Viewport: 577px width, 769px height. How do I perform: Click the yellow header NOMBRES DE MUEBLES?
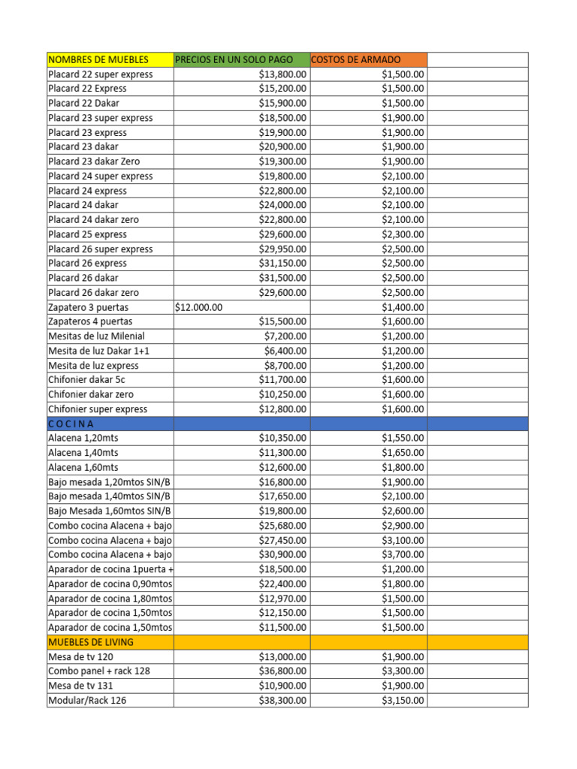pyautogui.click(x=98, y=59)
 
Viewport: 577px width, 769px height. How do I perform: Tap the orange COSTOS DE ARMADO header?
pyautogui.click(x=356, y=59)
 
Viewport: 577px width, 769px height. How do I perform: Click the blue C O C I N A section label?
pyautogui.click(x=71, y=424)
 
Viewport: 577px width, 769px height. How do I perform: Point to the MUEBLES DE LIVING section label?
pyautogui.click(x=91, y=642)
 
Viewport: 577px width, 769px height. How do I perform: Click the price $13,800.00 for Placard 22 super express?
pyautogui.click(x=282, y=74)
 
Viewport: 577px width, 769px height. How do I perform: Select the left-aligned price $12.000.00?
pyautogui.click(x=198, y=307)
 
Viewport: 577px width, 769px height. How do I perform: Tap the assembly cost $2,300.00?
pyautogui.click(x=402, y=234)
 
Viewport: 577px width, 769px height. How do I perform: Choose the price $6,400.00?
pyautogui.click(x=285, y=351)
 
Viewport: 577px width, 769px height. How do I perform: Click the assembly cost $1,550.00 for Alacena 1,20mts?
pyautogui.click(x=402, y=438)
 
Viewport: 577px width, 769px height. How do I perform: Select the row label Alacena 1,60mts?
pyautogui.click(x=83, y=467)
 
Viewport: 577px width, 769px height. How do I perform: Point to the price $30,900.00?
pyautogui.click(x=282, y=554)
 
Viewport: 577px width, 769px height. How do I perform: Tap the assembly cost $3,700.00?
pyautogui.click(x=402, y=554)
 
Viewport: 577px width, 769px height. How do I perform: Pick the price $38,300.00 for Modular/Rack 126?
pyautogui.click(x=282, y=700)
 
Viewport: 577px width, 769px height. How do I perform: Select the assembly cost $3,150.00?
pyautogui.click(x=402, y=700)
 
